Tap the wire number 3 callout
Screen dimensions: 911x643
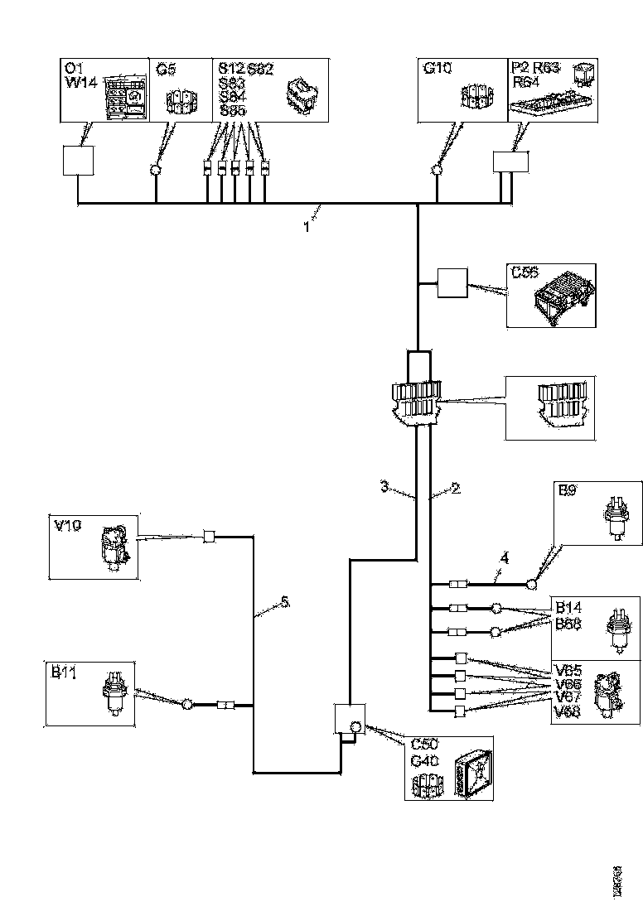coord(385,488)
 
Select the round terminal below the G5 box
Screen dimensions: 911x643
coord(155,171)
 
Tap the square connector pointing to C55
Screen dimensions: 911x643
coord(452,284)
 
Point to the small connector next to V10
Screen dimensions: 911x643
coord(210,537)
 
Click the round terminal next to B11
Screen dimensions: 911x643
coord(187,705)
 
